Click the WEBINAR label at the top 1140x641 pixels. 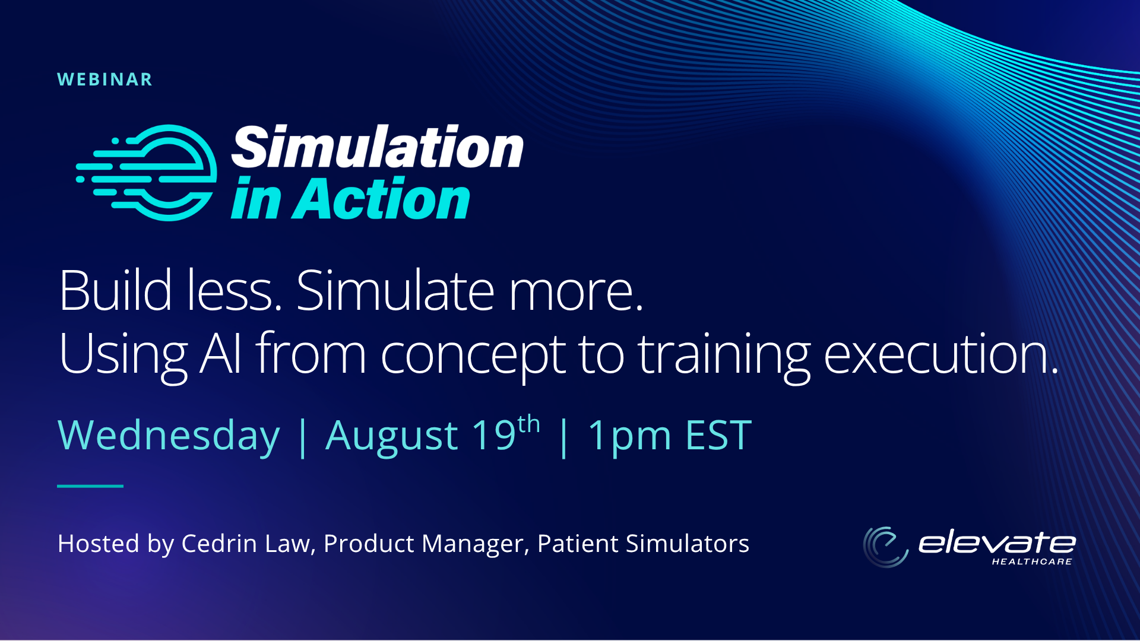click(104, 80)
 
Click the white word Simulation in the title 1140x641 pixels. click(378, 147)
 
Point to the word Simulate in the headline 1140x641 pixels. click(395, 290)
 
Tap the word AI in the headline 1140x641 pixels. click(221, 354)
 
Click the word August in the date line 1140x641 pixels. click(392, 436)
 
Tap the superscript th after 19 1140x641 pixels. click(528, 425)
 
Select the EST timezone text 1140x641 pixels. click(718, 435)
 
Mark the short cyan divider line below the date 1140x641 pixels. click(90, 486)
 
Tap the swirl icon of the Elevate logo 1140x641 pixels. click(885, 547)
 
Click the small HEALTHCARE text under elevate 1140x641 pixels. click(1032, 561)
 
